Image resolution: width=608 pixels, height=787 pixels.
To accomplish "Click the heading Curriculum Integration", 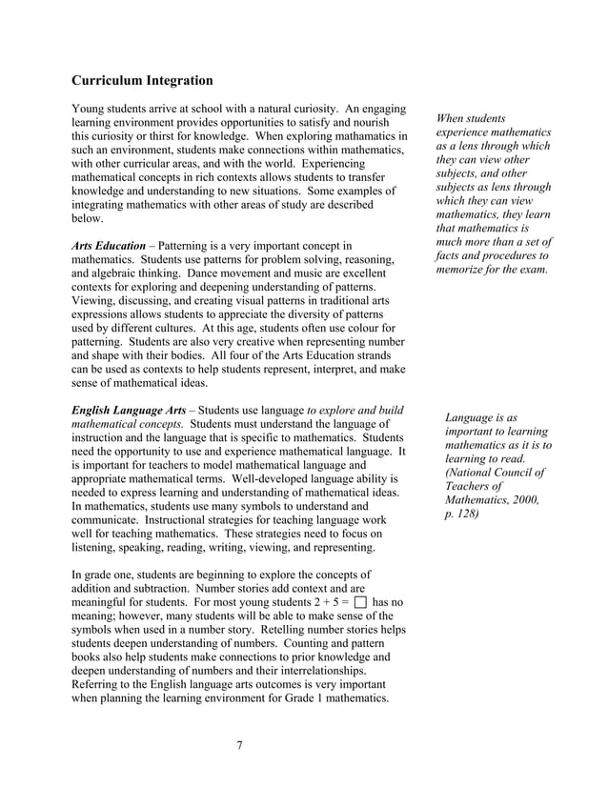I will [x=142, y=81].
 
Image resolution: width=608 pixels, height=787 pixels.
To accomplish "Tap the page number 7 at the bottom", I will [x=240, y=744].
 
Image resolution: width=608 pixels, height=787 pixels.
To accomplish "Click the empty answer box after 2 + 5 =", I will [x=359, y=602].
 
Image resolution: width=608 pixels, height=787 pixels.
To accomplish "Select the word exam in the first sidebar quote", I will [x=535, y=270].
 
